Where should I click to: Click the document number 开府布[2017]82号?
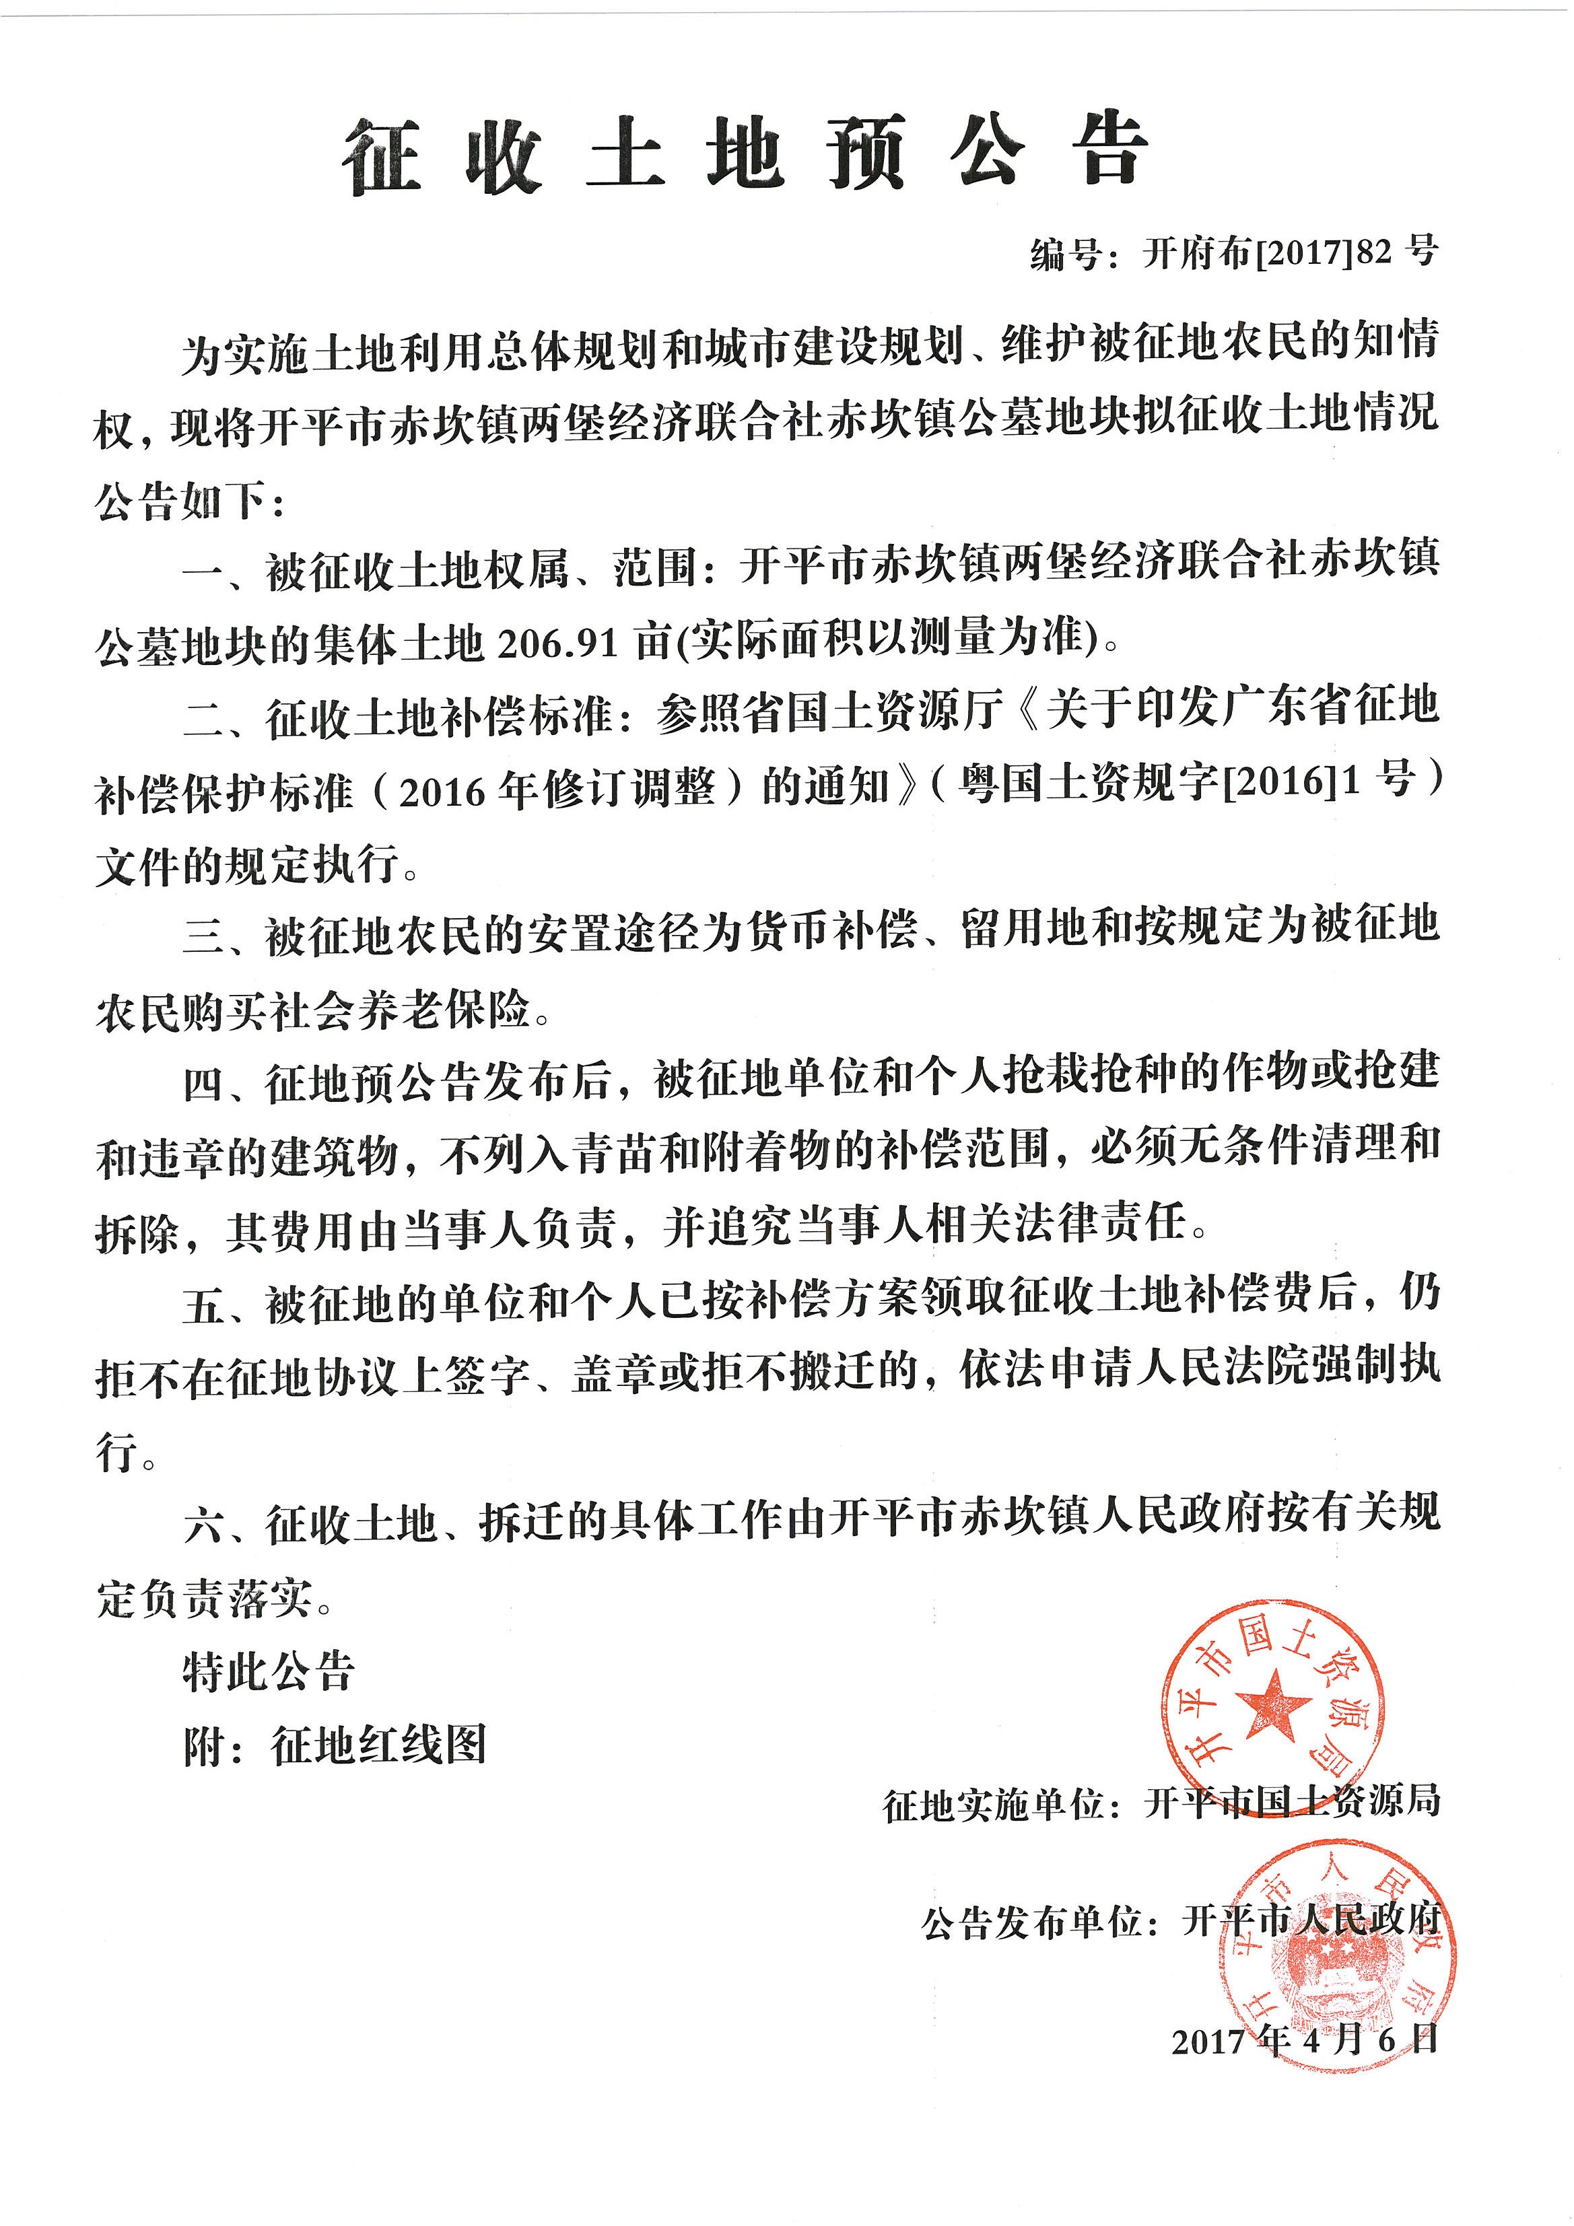(1290, 254)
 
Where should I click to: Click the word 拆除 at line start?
(136, 1232)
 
